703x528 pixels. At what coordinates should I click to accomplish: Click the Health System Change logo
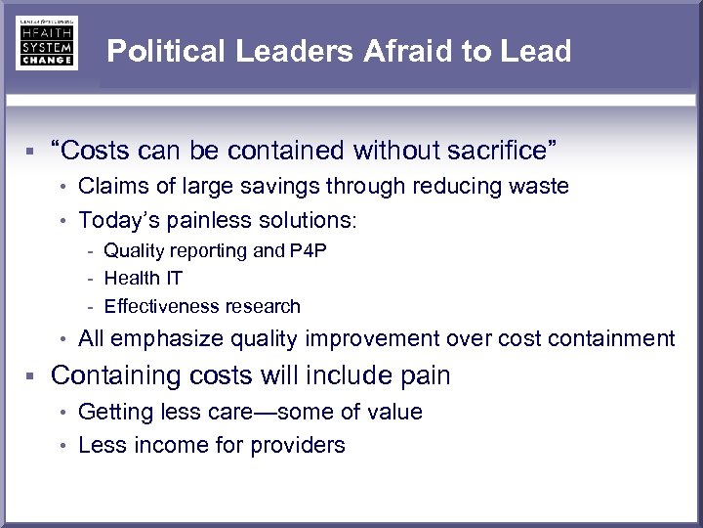pyautogui.click(x=46, y=43)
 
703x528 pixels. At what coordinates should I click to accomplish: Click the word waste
pyautogui.click(x=536, y=187)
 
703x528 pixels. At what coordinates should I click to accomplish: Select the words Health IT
pyautogui.click(x=144, y=279)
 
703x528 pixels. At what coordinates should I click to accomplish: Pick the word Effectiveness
pyautogui.click(x=161, y=306)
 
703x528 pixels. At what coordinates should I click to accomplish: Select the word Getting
pyautogui.click(x=112, y=412)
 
